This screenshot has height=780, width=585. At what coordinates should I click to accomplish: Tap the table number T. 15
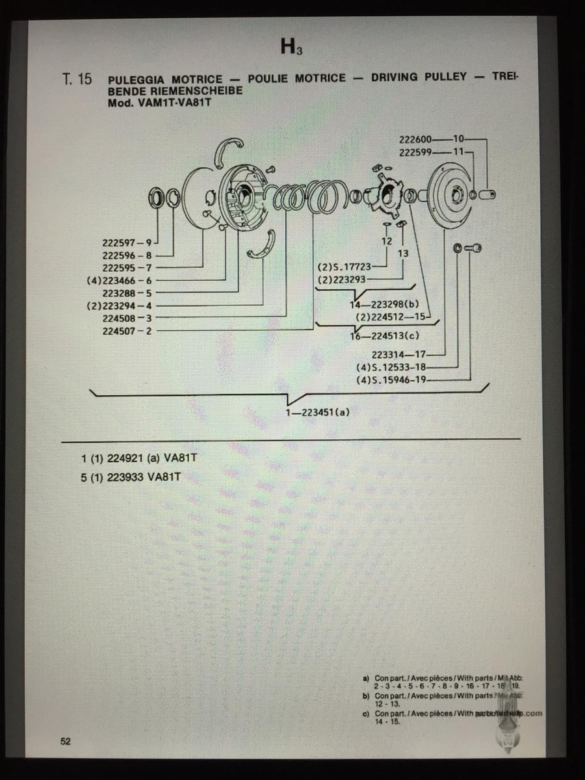77,79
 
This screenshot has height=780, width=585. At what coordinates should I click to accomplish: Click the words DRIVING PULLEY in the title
419,77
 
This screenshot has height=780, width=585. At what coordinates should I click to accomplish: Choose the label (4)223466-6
120,280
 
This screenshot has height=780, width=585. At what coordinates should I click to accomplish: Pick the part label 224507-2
127,331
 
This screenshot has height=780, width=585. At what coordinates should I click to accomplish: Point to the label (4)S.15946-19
391,380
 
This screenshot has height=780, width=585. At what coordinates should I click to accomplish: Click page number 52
66,742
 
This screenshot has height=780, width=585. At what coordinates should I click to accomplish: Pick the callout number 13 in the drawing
402,253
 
